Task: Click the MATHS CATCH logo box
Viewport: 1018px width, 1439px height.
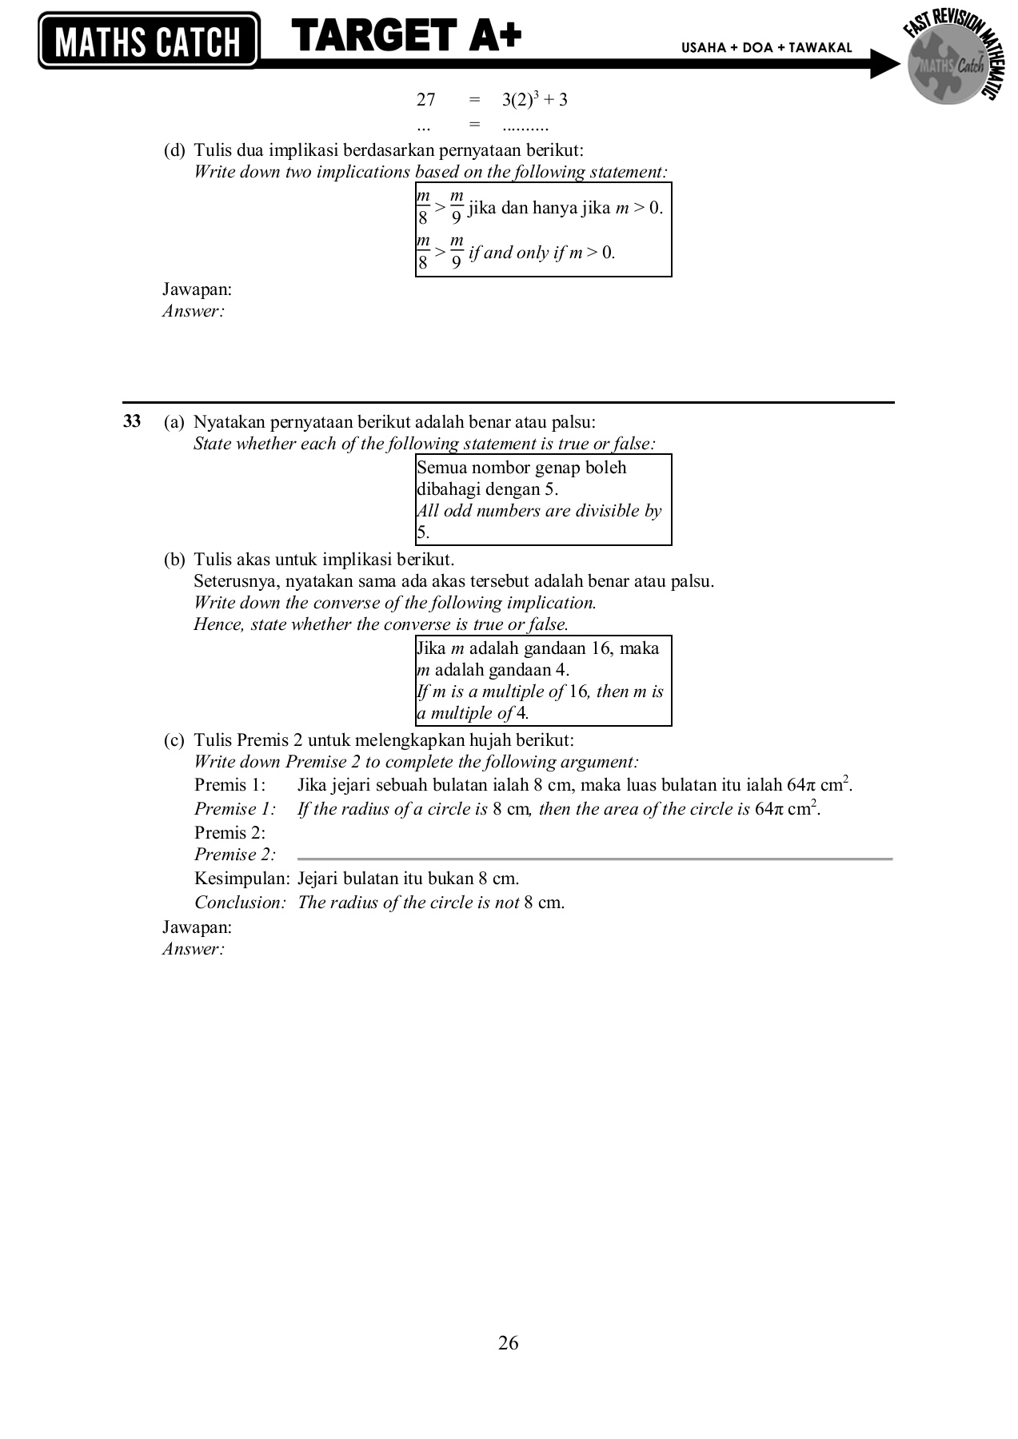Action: coord(148,40)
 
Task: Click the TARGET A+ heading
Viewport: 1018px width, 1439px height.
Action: coord(406,37)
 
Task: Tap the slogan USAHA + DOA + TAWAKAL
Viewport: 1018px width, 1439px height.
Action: coord(766,48)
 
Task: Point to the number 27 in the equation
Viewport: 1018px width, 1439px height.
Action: coord(425,100)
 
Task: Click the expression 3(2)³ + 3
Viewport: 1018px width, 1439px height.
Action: coord(534,100)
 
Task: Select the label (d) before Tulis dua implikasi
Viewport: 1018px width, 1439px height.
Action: coord(174,150)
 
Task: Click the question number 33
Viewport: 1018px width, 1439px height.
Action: coord(132,421)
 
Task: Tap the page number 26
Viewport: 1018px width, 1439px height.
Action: coord(508,1342)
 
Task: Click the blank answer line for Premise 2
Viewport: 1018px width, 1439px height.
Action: coord(594,858)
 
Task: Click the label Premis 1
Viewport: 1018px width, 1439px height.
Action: coord(230,785)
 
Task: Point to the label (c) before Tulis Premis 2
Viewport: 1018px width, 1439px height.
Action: coord(174,740)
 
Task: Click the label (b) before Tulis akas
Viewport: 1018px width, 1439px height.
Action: coord(174,560)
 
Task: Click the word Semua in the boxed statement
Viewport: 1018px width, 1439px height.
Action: coord(441,468)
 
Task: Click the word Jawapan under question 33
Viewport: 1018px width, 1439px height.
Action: coord(197,927)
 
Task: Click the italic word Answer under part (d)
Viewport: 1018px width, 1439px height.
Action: coord(193,312)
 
